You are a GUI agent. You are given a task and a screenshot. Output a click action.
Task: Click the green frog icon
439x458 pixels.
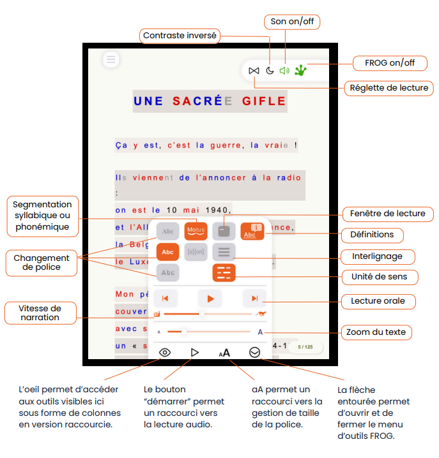301,70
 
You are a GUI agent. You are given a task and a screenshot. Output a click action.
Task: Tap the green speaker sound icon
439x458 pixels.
284,70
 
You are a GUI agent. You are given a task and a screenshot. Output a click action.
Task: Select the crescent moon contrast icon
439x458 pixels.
270,70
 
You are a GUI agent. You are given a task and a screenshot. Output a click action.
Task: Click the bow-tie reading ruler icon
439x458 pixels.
254,70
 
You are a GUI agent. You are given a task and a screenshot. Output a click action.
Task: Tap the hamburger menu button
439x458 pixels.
111,60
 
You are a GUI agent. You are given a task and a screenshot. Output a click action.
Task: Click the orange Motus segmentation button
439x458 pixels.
196,230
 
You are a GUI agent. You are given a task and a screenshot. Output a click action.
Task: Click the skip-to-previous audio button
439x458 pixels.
165,298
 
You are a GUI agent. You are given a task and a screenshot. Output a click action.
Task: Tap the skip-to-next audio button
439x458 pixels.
254,298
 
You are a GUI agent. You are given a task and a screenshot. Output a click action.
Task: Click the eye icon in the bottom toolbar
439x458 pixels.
165,352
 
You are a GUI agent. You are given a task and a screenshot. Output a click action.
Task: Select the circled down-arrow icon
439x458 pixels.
255,352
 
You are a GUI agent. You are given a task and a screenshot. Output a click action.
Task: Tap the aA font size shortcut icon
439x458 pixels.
224,352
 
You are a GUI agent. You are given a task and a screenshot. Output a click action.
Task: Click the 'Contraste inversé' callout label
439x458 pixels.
180,36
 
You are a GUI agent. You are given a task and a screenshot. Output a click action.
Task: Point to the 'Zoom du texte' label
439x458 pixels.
376,332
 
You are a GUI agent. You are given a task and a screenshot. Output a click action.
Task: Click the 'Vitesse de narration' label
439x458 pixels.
40,313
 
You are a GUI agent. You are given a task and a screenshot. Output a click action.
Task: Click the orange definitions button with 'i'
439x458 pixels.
252,230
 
